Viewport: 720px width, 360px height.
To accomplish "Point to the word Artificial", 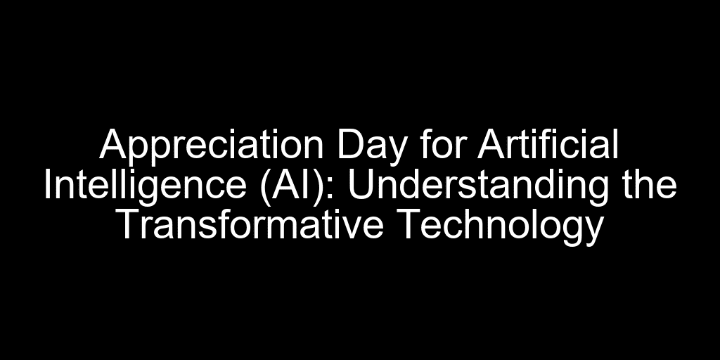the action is tap(548, 144).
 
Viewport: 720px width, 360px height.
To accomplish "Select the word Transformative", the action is tap(251, 224).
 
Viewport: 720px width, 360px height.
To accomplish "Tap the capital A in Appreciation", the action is tap(113, 144).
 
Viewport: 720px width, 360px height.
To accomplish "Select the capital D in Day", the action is tap(349, 144).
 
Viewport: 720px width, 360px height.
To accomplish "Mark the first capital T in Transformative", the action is tap(130, 225).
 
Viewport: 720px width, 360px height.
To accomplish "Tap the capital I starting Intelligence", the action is tap(47, 185).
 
